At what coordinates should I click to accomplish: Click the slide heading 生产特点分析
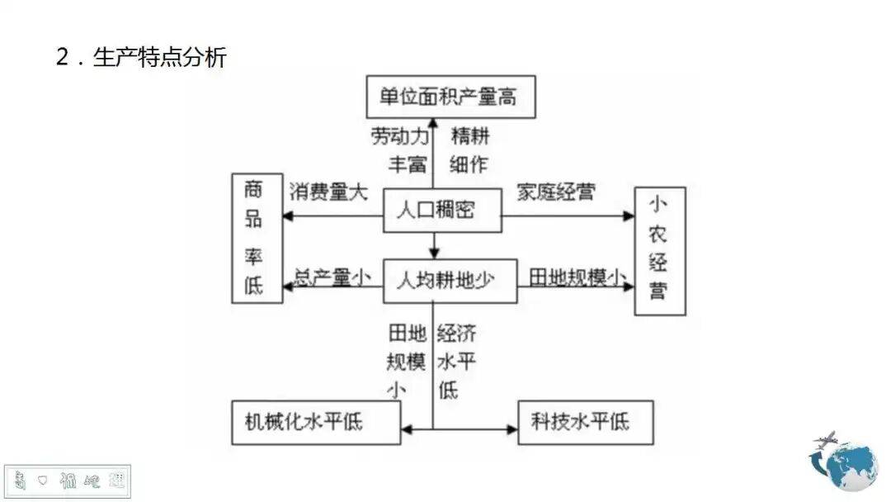click(159, 57)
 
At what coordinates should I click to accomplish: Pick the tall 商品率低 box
click(257, 239)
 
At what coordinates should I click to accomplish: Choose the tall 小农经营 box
click(658, 250)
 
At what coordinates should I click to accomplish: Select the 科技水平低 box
click(585, 422)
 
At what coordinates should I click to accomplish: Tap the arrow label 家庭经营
click(555, 192)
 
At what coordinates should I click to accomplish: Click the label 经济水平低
click(455, 361)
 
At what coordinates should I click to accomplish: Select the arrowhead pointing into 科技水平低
click(511, 429)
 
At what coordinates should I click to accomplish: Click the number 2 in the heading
click(63, 58)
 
